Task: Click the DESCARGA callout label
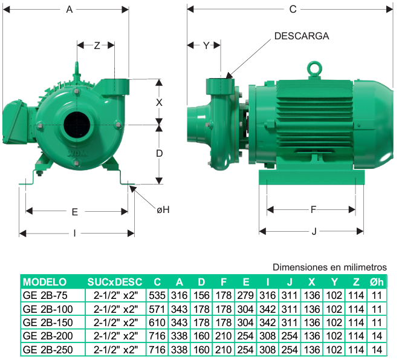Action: tap(302, 36)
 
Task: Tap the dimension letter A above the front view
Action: tap(69, 10)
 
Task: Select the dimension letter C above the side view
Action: tap(293, 10)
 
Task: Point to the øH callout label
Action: tap(163, 209)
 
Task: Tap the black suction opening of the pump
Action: tap(77, 125)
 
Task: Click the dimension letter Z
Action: tap(97, 45)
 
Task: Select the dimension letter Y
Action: tap(206, 45)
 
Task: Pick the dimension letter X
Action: tap(159, 103)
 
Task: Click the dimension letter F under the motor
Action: tap(313, 209)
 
